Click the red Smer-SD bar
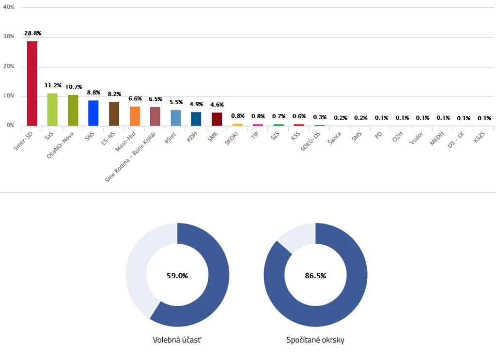point(32,83)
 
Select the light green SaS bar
point(52,110)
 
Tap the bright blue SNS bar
point(93,113)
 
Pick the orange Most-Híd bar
point(135,116)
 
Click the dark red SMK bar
point(217,119)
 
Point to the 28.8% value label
point(32,33)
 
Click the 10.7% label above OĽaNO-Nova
point(74,87)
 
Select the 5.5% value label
point(176,102)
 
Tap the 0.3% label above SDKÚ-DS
point(320,117)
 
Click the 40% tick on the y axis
point(9,7)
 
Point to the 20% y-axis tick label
point(9,66)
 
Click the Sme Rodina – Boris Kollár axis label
point(130,157)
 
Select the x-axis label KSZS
point(479,137)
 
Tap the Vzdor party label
point(416,138)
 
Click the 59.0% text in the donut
point(177,276)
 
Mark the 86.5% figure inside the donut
point(315,276)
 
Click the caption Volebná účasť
point(177,340)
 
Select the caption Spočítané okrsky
point(315,340)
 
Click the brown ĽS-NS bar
point(114,114)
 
